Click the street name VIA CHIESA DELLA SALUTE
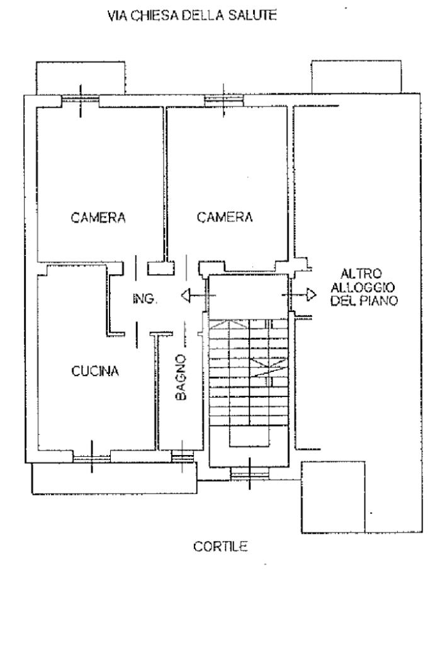[192, 18]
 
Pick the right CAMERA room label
[225, 218]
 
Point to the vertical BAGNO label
[181, 378]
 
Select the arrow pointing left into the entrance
[192, 294]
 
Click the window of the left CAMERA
[80, 100]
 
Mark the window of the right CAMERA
[224, 100]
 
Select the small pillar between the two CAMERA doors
[161, 268]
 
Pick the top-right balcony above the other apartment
[356, 76]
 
